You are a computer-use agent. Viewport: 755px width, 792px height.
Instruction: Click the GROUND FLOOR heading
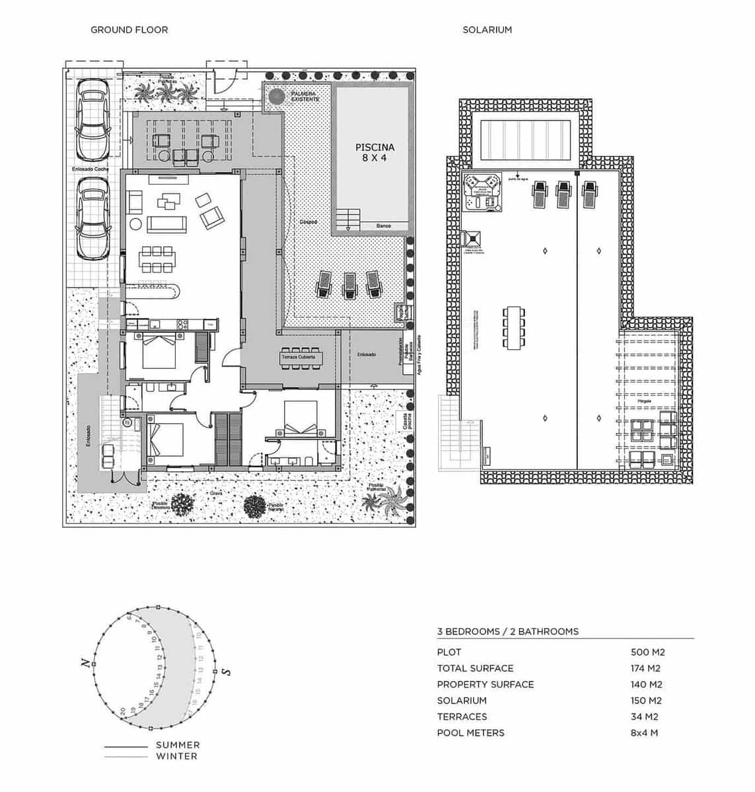click(129, 30)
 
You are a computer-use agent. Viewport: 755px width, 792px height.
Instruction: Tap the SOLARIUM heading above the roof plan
click(487, 30)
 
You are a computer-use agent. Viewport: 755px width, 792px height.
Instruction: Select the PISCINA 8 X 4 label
click(375, 153)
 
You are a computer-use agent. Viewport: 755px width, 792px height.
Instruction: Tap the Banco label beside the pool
click(383, 226)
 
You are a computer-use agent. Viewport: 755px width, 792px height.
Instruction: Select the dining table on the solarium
click(514, 327)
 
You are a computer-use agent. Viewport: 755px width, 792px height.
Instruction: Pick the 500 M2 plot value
click(647, 652)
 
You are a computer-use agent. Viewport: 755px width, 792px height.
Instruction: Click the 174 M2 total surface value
click(645, 669)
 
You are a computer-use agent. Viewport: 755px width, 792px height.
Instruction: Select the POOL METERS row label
click(470, 733)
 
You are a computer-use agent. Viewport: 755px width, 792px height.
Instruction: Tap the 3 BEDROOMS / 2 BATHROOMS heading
click(507, 632)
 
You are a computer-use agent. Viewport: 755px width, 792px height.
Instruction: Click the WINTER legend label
click(176, 756)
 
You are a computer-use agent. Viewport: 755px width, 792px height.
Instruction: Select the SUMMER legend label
click(178, 745)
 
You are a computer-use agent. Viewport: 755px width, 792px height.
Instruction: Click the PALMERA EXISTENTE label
click(305, 96)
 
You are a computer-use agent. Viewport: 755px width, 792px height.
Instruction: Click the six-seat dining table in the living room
click(157, 259)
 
